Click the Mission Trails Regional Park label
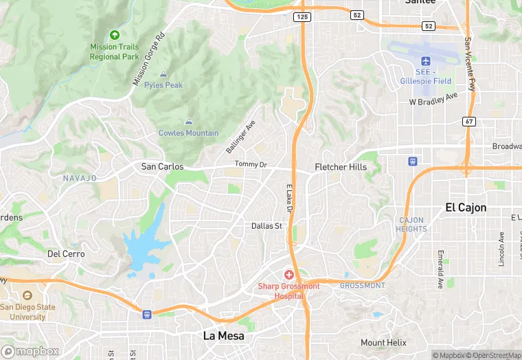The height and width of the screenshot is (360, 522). pos(114,52)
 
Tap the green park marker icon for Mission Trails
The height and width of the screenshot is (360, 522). pos(114,34)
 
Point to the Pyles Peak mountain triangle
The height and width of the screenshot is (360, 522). pos(163,74)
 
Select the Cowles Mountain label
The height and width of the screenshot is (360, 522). pos(188,133)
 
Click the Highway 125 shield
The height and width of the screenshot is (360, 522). pos(301,16)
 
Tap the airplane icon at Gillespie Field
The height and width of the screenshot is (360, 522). pos(424,60)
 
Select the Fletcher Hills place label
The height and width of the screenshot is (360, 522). pos(341,167)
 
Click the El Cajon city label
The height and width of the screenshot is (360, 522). pos(466,207)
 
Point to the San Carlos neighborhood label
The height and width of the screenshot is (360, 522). pos(162,166)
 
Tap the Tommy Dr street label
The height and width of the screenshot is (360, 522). pos(250,164)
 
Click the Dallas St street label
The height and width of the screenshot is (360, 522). pos(266,225)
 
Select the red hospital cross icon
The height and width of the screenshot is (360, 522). pos(289,274)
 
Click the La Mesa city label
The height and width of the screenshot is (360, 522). pos(224,336)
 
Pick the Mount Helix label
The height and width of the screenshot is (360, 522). pos(383,343)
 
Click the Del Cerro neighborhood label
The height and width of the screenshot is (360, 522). pos(66,254)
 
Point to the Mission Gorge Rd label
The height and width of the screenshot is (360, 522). pos(150,60)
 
